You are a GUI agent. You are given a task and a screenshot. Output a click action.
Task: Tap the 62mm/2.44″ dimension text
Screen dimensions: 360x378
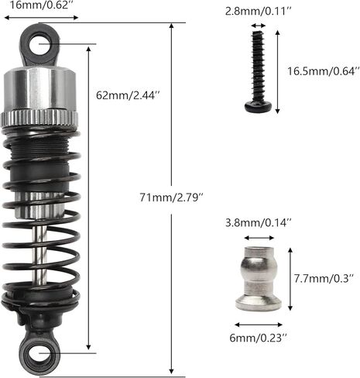(x=129, y=95)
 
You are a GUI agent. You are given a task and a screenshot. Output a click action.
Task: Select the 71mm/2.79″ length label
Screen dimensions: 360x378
(x=172, y=198)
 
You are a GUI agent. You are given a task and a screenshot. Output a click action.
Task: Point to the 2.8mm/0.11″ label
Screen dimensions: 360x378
(x=259, y=12)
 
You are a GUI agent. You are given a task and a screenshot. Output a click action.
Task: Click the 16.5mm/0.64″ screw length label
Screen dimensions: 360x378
(x=324, y=71)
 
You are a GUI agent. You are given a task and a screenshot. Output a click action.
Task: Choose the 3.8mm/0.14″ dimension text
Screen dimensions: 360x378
(x=259, y=222)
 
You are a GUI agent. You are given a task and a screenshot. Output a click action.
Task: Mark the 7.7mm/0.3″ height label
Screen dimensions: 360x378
(x=324, y=279)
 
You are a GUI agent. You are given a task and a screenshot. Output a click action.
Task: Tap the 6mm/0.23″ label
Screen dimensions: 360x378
(x=259, y=338)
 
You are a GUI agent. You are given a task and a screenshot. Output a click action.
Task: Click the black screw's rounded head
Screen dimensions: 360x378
(x=259, y=106)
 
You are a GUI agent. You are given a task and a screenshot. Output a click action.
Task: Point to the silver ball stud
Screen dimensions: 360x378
(x=259, y=279)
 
